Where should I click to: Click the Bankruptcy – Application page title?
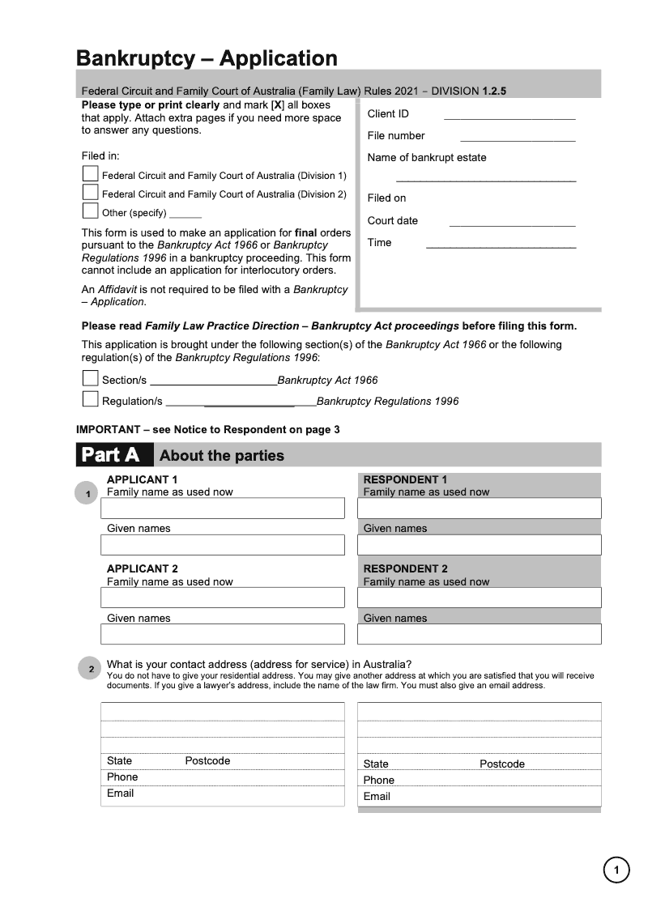tap(207, 58)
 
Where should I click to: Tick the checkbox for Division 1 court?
tap(90, 175)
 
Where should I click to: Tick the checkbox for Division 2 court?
tap(90, 194)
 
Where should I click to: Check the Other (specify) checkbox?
tap(90, 212)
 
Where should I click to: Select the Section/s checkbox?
tap(90, 379)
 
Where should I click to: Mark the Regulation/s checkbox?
tap(90, 400)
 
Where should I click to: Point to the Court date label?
tap(393, 220)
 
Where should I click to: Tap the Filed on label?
tap(386, 198)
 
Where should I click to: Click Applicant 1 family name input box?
tap(223, 509)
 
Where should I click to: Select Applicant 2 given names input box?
tap(223, 634)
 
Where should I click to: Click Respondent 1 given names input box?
tap(479, 545)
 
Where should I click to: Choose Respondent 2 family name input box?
tap(479, 598)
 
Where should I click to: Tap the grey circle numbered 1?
tap(87, 493)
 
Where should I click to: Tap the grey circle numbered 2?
tap(91, 669)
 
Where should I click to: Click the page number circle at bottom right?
tap(616, 870)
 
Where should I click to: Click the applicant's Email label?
tap(120, 794)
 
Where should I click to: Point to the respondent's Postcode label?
tap(501, 764)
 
